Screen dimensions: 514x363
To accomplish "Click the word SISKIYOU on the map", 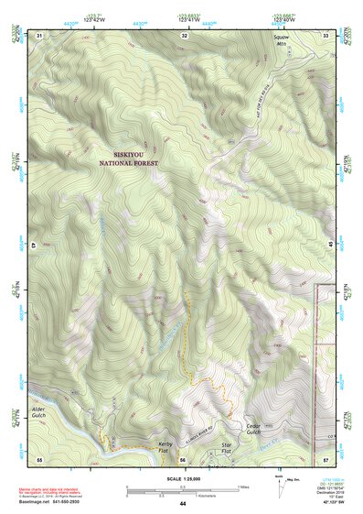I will [135, 155].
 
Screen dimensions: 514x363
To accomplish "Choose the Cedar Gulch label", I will [258, 430].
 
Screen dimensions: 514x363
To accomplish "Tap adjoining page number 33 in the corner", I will [326, 35].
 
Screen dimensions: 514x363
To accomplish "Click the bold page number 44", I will [183, 503].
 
